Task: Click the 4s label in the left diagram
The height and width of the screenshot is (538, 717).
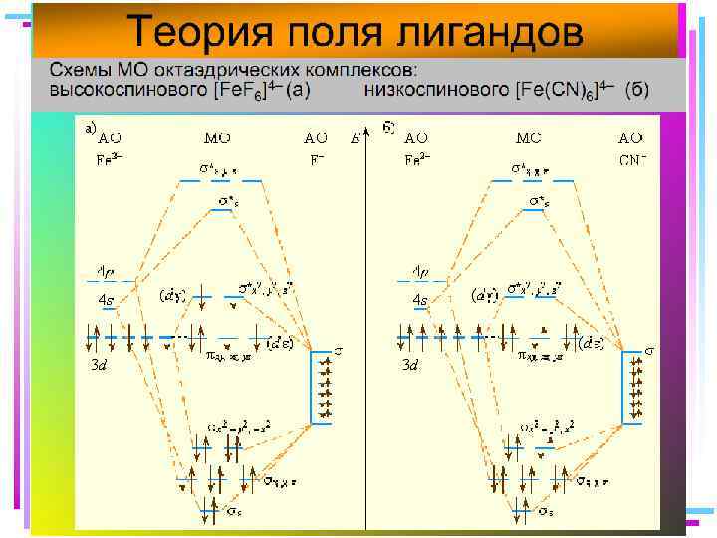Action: click(x=106, y=299)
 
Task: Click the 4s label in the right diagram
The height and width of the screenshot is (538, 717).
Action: click(x=419, y=299)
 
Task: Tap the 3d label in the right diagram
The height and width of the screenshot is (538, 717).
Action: click(x=409, y=366)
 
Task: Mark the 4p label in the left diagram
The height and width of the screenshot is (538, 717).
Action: click(x=106, y=271)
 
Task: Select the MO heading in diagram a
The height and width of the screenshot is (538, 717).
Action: click(x=218, y=137)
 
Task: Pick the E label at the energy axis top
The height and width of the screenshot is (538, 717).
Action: click(x=356, y=137)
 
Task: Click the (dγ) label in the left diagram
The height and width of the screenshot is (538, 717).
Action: click(x=172, y=295)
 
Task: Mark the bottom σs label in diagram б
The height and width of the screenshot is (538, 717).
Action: click(x=547, y=511)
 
